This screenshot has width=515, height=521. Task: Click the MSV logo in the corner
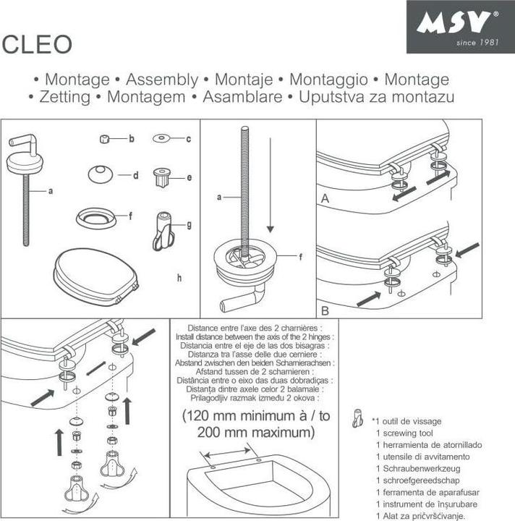459,27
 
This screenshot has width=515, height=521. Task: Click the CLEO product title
38,44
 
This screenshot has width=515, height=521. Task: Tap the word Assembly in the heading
161,80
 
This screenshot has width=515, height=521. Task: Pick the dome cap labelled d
100,174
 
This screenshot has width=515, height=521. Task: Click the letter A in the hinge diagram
325,198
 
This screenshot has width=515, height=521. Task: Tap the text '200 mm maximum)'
256,433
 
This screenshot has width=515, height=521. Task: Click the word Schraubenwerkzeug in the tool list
414,468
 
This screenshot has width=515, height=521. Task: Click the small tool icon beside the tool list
357,418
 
